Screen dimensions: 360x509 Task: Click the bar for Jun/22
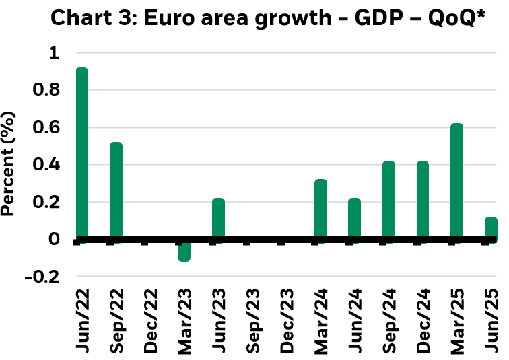pyautogui.click(x=81, y=153)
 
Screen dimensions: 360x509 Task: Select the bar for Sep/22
pyautogui.click(x=116, y=190)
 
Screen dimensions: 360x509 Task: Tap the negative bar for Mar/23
pyautogui.click(x=184, y=250)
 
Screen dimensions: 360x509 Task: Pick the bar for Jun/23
pyautogui.click(x=218, y=219)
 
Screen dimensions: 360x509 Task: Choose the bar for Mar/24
pyautogui.click(x=320, y=209)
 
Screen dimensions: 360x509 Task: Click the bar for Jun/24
pyautogui.click(x=354, y=219)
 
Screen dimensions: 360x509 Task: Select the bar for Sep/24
pyautogui.click(x=388, y=200)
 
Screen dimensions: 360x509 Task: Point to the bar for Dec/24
pyautogui.click(x=422, y=200)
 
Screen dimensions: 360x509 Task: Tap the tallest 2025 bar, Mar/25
pyautogui.click(x=456, y=181)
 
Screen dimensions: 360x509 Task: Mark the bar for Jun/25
pyautogui.click(x=491, y=228)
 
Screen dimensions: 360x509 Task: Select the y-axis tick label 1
pyautogui.click(x=55, y=52)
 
